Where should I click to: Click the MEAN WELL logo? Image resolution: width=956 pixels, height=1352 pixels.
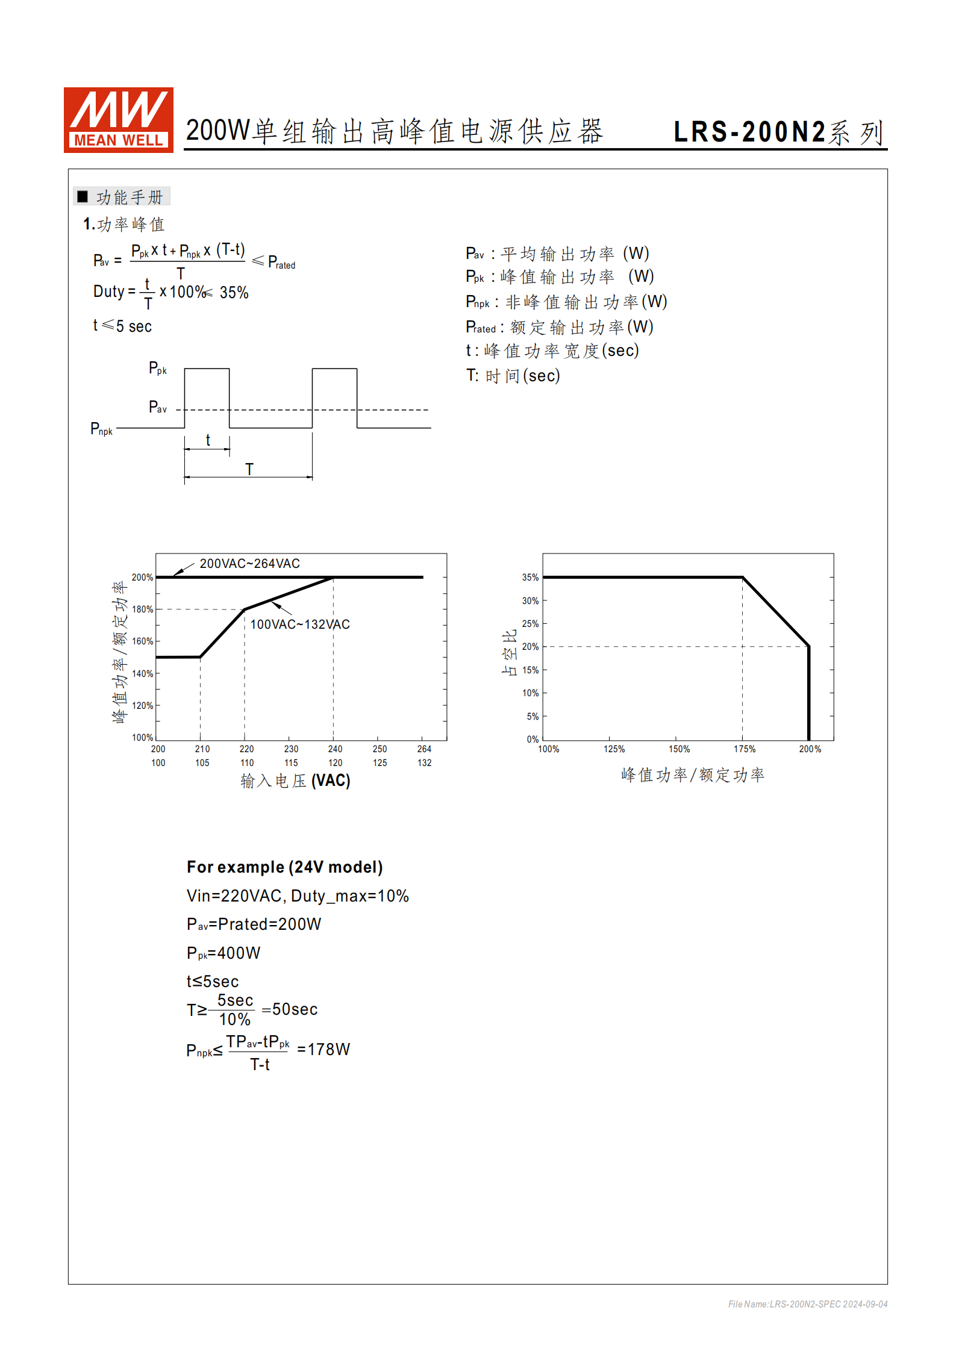pyautogui.click(x=118, y=119)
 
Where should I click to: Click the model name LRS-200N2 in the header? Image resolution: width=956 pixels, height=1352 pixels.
pyautogui.click(x=749, y=132)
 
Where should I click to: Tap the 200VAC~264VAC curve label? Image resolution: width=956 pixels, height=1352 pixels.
pyautogui.click(x=249, y=564)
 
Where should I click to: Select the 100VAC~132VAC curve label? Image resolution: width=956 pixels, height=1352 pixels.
pyautogui.click(x=299, y=625)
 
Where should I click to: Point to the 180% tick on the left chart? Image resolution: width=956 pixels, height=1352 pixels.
pyautogui.click(x=143, y=609)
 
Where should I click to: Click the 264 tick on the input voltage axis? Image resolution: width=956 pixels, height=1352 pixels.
pyautogui.click(x=424, y=749)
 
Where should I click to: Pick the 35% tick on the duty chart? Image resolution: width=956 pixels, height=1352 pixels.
pyautogui.click(x=530, y=578)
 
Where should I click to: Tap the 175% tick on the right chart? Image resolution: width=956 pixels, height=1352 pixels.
pyautogui.click(x=744, y=749)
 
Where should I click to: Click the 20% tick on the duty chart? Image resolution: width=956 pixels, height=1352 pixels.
pyautogui.click(x=530, y=647)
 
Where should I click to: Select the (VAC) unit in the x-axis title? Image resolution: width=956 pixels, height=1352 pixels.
pyautogui.click(x=331, y=781)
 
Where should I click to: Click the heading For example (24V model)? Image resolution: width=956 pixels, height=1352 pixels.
pyautogui.click(x=284, y=867)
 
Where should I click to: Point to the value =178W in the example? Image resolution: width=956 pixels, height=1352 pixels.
pyautogui.click(x=323, y=1050)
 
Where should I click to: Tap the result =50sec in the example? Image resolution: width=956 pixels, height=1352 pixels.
pyautogui.click(x=290, y=1009)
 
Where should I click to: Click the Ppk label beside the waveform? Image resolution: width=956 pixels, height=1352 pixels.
pyautogui.click(x=157, y=368)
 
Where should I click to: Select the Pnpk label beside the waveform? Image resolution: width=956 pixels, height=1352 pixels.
pyautogui.click(x=101, y=429)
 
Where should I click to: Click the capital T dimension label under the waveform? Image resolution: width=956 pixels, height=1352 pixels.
pyautogui.click(x=249, y=469)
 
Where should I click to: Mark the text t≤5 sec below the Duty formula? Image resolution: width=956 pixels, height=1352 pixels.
pyautogui.click(x=122, y=326)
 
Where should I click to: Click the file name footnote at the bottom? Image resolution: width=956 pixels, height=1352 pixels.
pyautogui.click(x=807, y=1304)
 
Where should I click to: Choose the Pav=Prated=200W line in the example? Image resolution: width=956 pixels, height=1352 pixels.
pyautogui.click(x=254, y=924)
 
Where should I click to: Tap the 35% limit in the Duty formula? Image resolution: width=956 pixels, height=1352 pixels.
pyautogui.click(x=234, y=293)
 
